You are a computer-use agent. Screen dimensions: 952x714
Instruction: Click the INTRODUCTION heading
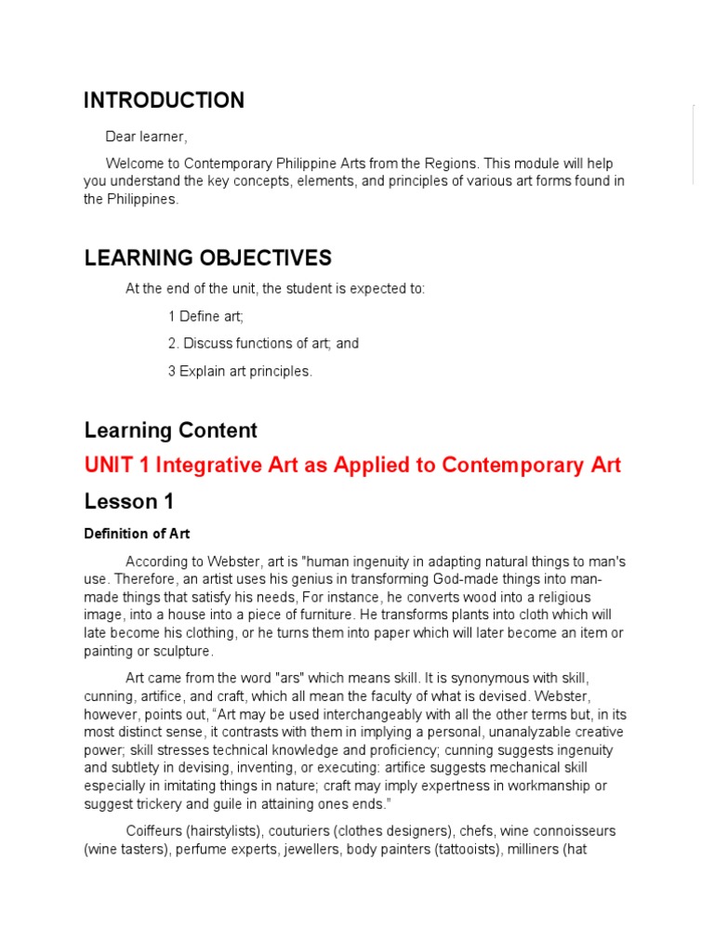pyautogui.click(x=165, y=100)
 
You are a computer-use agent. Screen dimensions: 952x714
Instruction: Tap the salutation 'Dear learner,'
pyautogui.click(x=146, y=137)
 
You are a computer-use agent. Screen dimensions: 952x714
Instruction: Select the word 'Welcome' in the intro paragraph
pyautogui.click(x=132, y=164)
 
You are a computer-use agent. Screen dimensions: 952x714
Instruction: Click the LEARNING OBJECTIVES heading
pyautogui.click(x=207, y=258)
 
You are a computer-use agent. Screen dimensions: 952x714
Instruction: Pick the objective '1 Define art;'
pyautogui.click(x=205, y=316)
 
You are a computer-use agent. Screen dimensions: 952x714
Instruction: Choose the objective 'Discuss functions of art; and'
pyautogui.click(x=271, y=343)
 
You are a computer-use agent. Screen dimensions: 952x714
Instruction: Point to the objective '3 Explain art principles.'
pyautogui.click(x=240, y=371)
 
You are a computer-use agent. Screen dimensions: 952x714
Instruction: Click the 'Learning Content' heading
pyautogui.click(x=170, y=430)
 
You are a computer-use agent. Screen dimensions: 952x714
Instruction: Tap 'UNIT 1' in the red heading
pyautogui.click(x=116, y=465)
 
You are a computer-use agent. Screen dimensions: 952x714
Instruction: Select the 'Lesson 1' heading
pyautogui.click(x=128, y=502)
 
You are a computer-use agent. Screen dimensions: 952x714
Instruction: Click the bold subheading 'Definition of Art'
pyautogui.click(x=137, y=534)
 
